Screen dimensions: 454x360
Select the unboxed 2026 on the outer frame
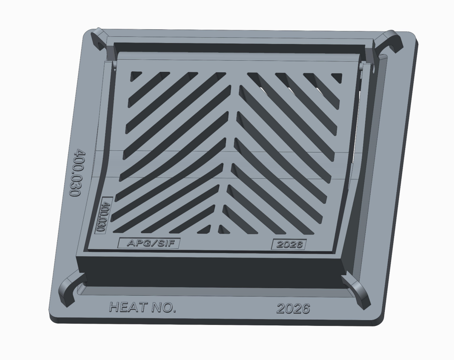[x=293, y=309]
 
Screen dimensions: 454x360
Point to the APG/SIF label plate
[x=149, y=243]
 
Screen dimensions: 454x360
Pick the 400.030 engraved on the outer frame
[x=76, y=172]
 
